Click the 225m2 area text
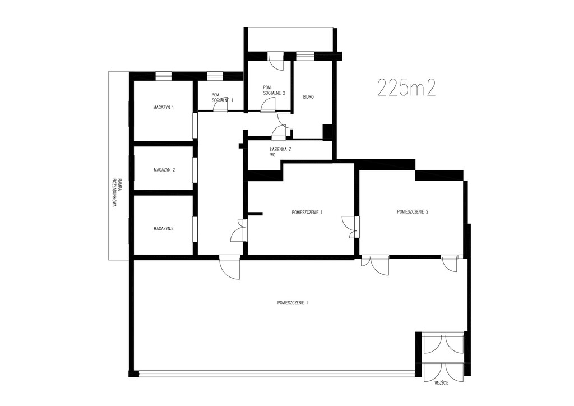point(406,87)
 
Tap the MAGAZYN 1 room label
point(164,108)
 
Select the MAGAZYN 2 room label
point(164,170)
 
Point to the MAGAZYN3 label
point(163,229)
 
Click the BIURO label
point(308,97)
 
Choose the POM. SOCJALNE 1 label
point(222,98)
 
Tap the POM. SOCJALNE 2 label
point(274,90)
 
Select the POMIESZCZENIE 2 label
point(413,211)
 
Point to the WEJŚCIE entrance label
point(442,384)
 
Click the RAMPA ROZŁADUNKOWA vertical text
point(114,192)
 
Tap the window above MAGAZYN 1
point(163,75)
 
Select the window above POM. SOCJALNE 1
point(215,75)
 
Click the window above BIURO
point(305,56)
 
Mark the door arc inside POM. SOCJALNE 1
point(220,105)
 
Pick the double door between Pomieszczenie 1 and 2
point(350,227)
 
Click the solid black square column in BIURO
point(327,132)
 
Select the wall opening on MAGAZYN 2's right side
point(195,170)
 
